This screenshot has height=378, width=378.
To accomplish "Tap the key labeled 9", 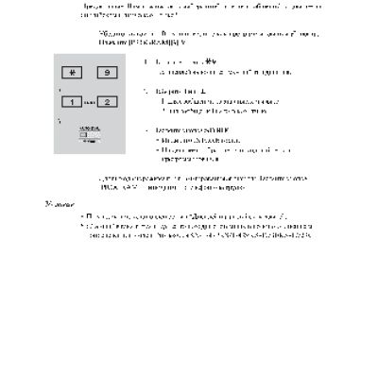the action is pos(108,71).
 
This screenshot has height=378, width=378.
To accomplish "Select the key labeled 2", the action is pos(108,101).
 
